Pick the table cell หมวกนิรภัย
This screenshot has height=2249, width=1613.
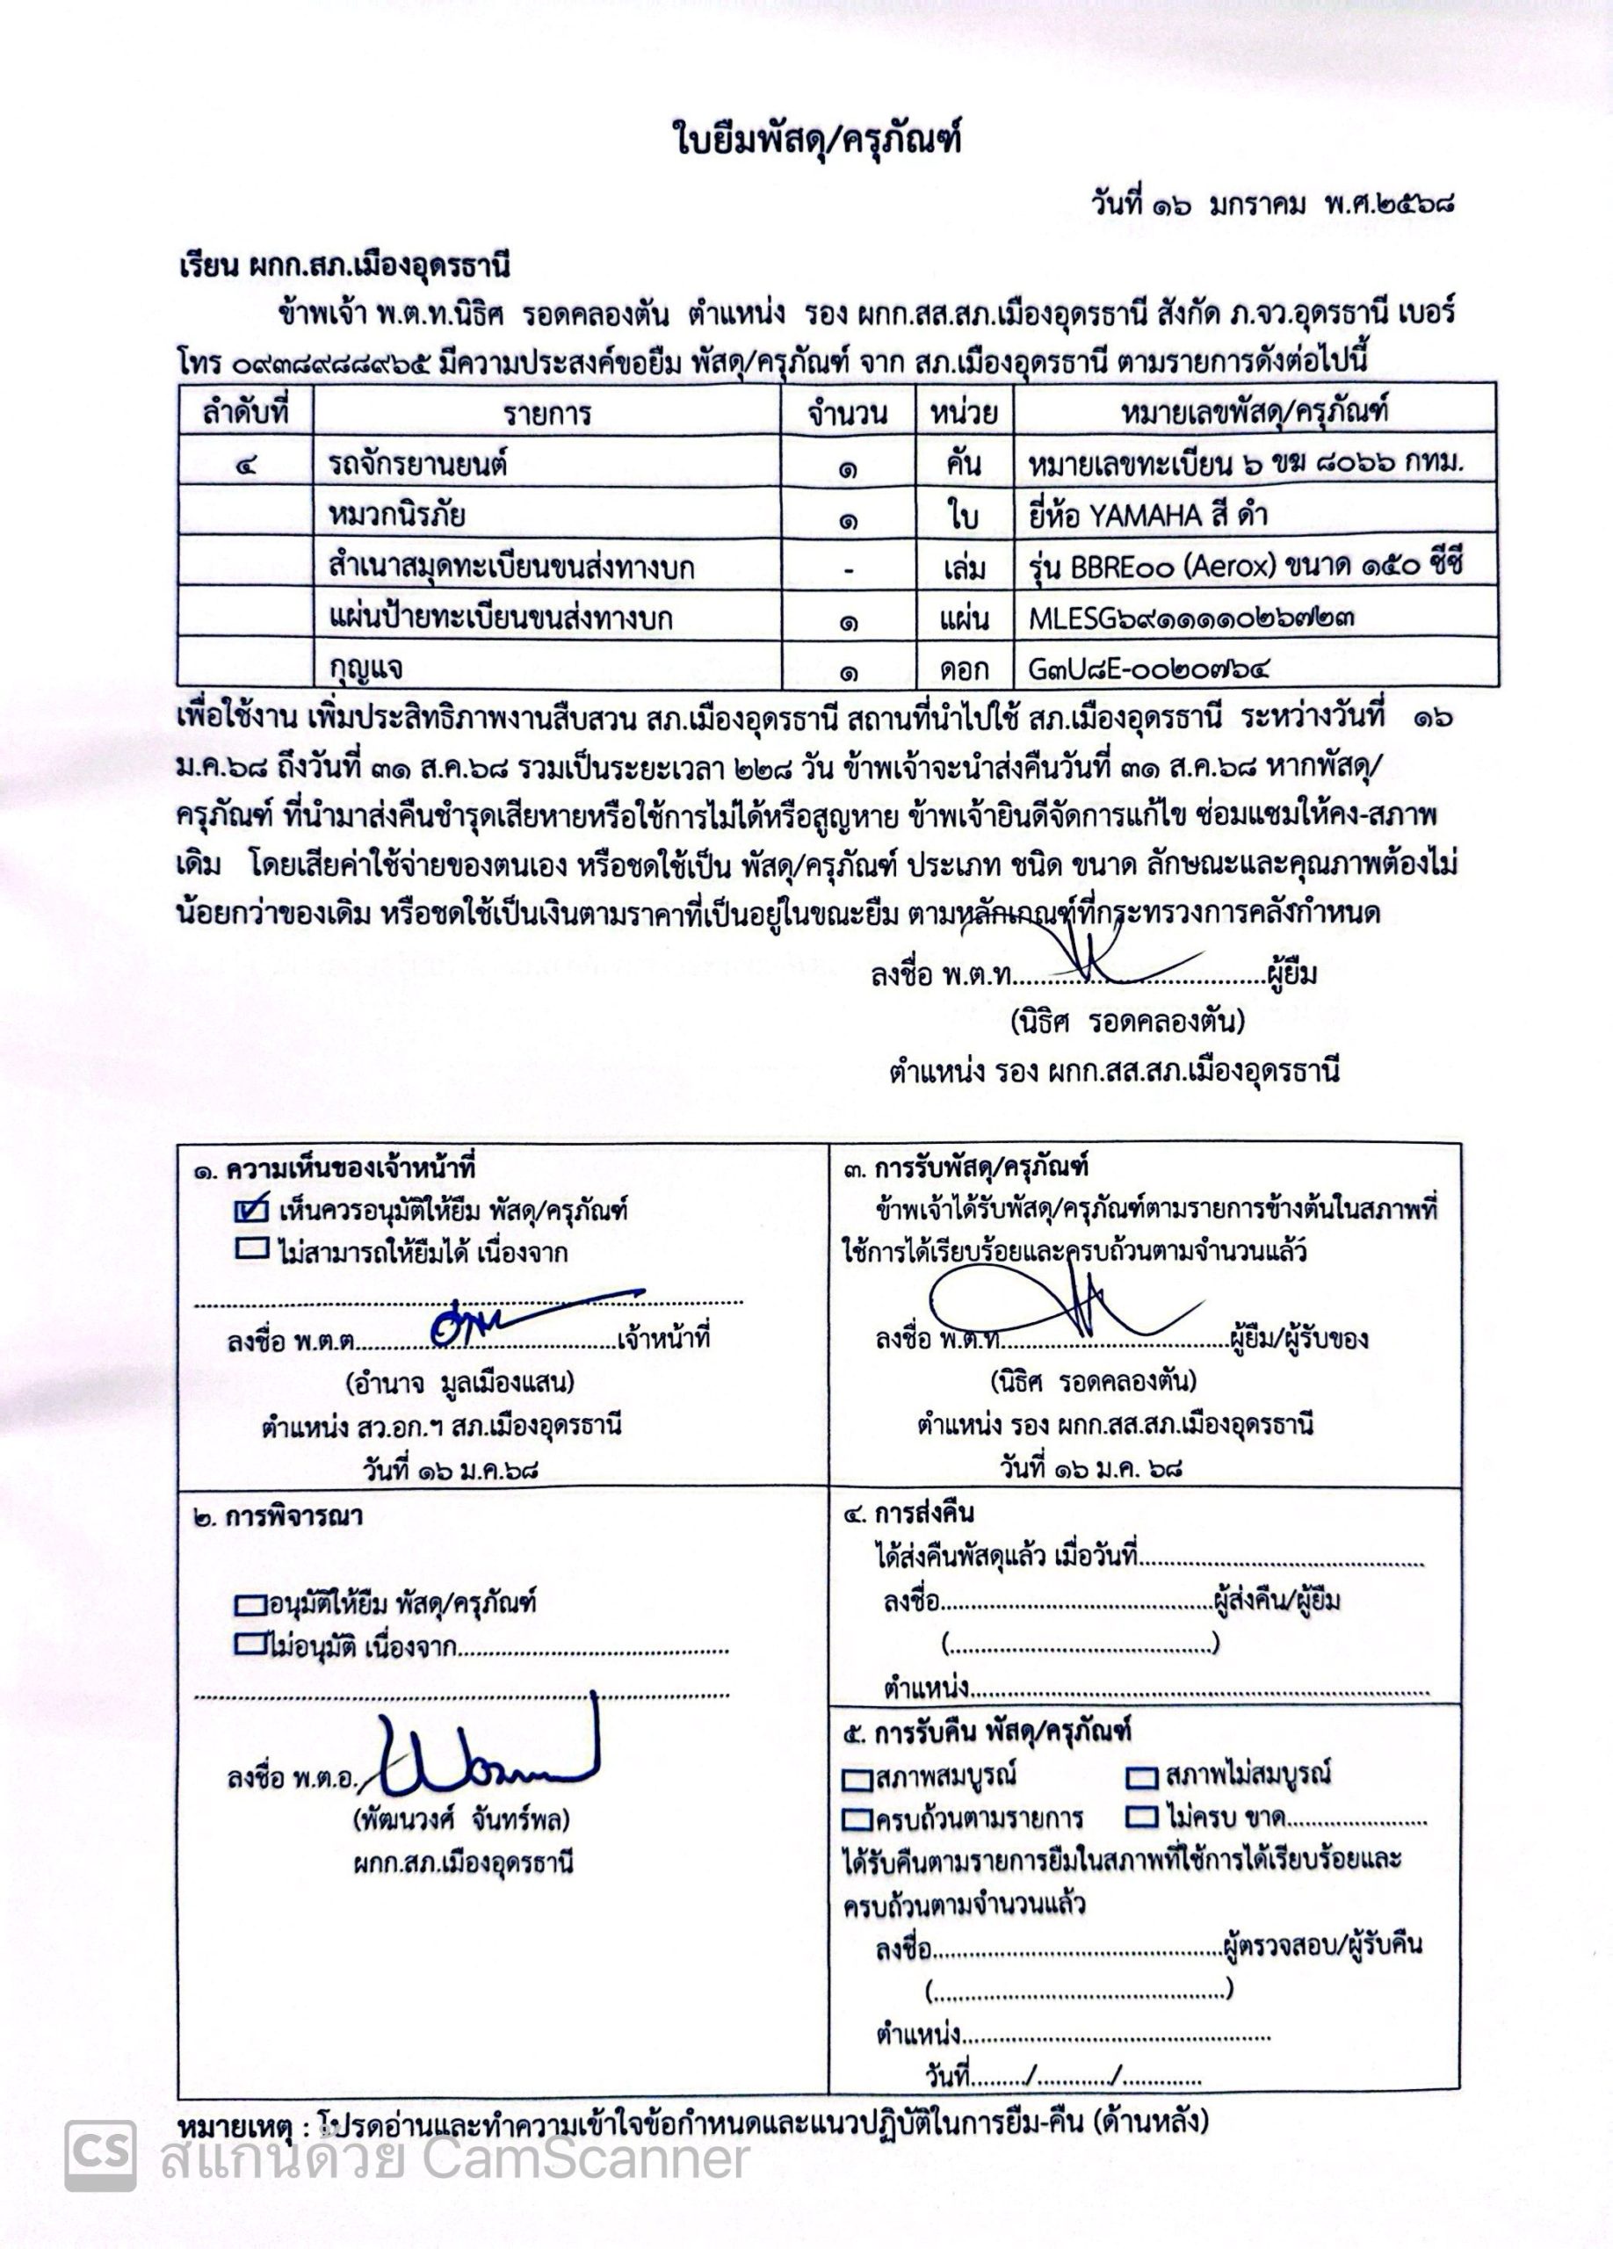click(396, 516)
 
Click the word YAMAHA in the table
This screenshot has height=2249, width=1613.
click(1151, 516)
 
